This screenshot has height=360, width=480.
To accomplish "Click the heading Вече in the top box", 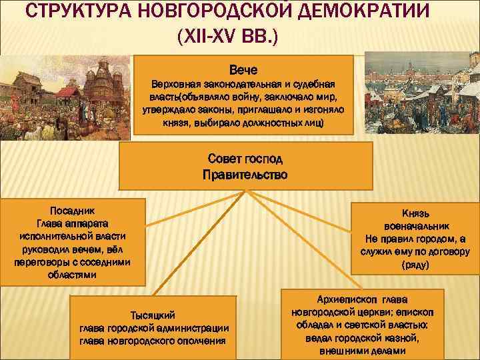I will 243,70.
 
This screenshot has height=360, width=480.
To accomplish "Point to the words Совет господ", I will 245,159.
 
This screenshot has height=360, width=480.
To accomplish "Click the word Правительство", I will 245,175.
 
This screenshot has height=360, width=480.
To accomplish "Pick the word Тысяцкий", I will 154,314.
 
